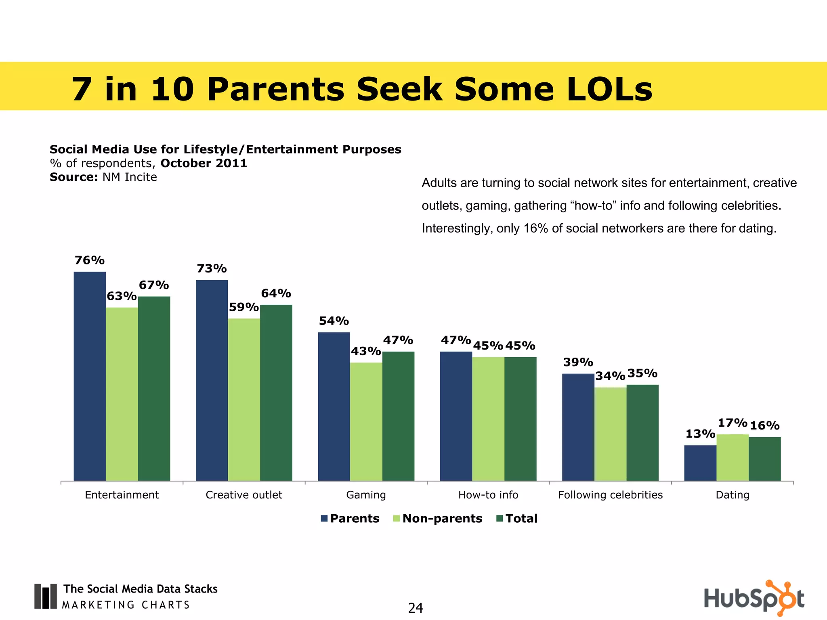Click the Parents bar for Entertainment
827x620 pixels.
tap(90, 376)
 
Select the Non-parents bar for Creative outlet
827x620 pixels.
tap(244, 399)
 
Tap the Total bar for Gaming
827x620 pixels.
tap(398, 416)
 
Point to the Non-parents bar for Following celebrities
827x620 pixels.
tap(610, 434)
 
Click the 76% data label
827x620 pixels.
tap(90, 260)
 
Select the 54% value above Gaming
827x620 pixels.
tap(334, 321)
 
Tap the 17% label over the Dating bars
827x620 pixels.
tap(732, 423)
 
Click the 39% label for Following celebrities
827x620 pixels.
tap(578, 362)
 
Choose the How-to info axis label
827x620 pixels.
tap(488, 495)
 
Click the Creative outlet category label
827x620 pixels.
tap(244, 495)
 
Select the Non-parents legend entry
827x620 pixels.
tap(442, 519)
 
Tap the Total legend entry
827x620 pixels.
tap(521, 519)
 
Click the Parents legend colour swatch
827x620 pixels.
tap(324, 519)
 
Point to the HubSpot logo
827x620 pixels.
tap(754, 598)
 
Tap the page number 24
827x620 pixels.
tap(415, 608)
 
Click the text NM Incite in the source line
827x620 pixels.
tap(130, 177)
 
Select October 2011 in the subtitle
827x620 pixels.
tap(204, 163)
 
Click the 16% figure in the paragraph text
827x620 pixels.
tap(535, 228)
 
